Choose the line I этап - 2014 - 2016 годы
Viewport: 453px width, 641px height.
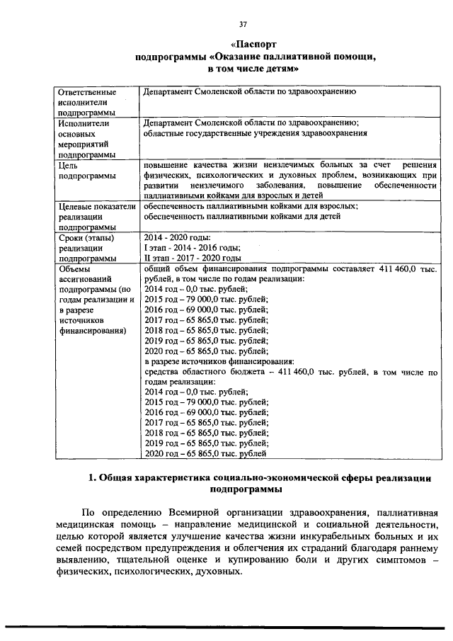pos(192,247)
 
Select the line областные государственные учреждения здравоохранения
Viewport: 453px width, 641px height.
pos(255,132)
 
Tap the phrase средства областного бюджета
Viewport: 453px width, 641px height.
pos(199,371)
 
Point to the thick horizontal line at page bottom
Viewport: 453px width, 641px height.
pos(226,626)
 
